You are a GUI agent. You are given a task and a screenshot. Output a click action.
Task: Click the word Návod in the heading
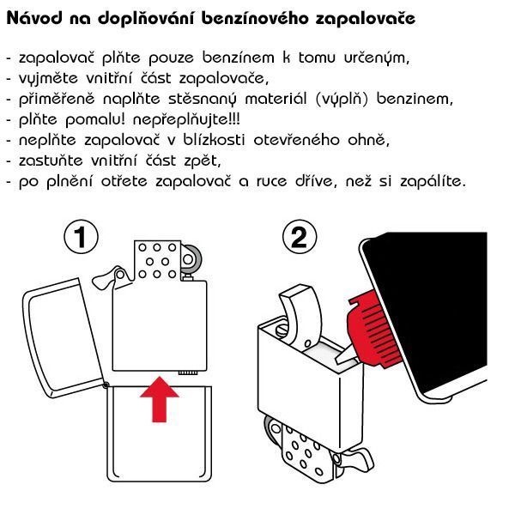[x=34, y=18]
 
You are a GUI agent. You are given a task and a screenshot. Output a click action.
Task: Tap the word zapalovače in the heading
[x=366, y=19]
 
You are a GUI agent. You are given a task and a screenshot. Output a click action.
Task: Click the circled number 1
[x=81, y=237]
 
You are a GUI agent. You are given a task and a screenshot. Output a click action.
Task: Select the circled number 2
[x=300, y=237]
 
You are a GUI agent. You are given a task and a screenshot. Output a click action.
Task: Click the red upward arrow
[x=160, y=399]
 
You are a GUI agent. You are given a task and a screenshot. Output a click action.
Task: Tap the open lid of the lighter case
[x=63, y=338]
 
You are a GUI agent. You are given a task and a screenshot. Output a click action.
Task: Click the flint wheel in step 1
[x=190, y=259]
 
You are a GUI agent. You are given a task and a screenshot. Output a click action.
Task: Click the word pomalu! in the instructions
[x=95, y=120]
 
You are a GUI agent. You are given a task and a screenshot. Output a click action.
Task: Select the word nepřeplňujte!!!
[x=186, y=120]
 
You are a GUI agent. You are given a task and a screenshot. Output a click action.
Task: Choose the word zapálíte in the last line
[x=433, y=181]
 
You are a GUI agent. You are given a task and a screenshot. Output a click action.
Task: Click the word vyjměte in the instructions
[x=48, y=79]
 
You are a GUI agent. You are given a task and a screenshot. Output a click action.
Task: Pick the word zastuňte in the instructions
[x=51, y=161]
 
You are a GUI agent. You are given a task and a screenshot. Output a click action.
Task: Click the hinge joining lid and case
[x=106, y=385]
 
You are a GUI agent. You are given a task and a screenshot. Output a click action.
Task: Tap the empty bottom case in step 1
[x=160, y=433]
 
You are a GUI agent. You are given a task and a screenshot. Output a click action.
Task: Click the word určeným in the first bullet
[x=377, y=58]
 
